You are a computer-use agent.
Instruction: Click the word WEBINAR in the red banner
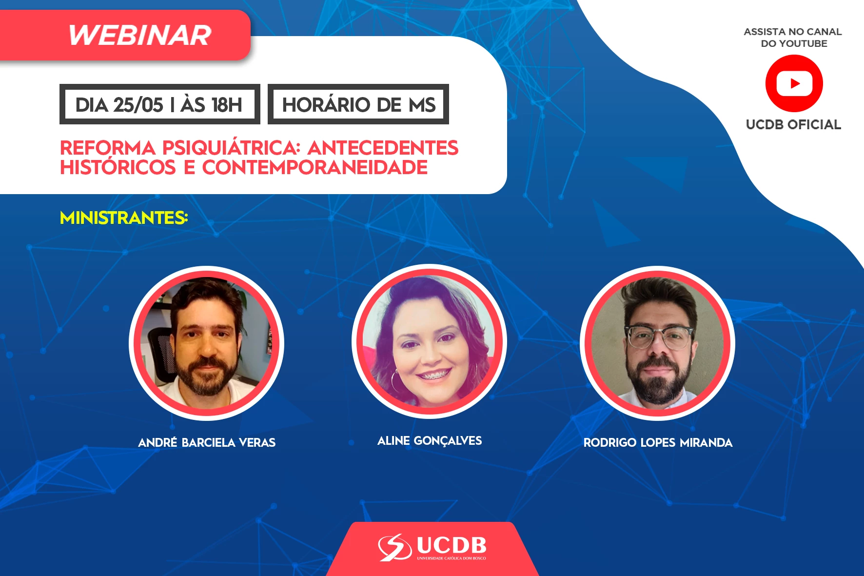pos(140,35)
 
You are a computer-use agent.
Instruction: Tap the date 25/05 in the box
pos(138,105)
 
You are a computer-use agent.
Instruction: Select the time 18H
pos(227,105)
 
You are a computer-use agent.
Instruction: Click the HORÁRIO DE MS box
pos(358,104)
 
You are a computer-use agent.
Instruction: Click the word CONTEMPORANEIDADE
pos(315,167)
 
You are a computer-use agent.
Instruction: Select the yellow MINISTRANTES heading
pos(124,218)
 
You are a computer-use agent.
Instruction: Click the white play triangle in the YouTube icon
pos(795,83)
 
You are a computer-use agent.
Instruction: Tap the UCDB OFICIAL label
pos(793,124)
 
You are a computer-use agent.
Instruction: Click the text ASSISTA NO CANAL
pos(793,32)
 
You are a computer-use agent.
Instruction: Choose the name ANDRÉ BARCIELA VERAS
pos(207,442)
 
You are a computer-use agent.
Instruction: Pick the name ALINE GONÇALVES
pos(430,441)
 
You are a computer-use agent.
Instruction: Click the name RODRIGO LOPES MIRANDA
pos(658,442)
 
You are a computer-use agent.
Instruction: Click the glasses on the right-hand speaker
pos(660,337)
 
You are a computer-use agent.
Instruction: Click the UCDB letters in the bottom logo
pos(452,545)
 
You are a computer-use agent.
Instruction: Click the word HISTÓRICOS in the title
pos(118,167)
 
